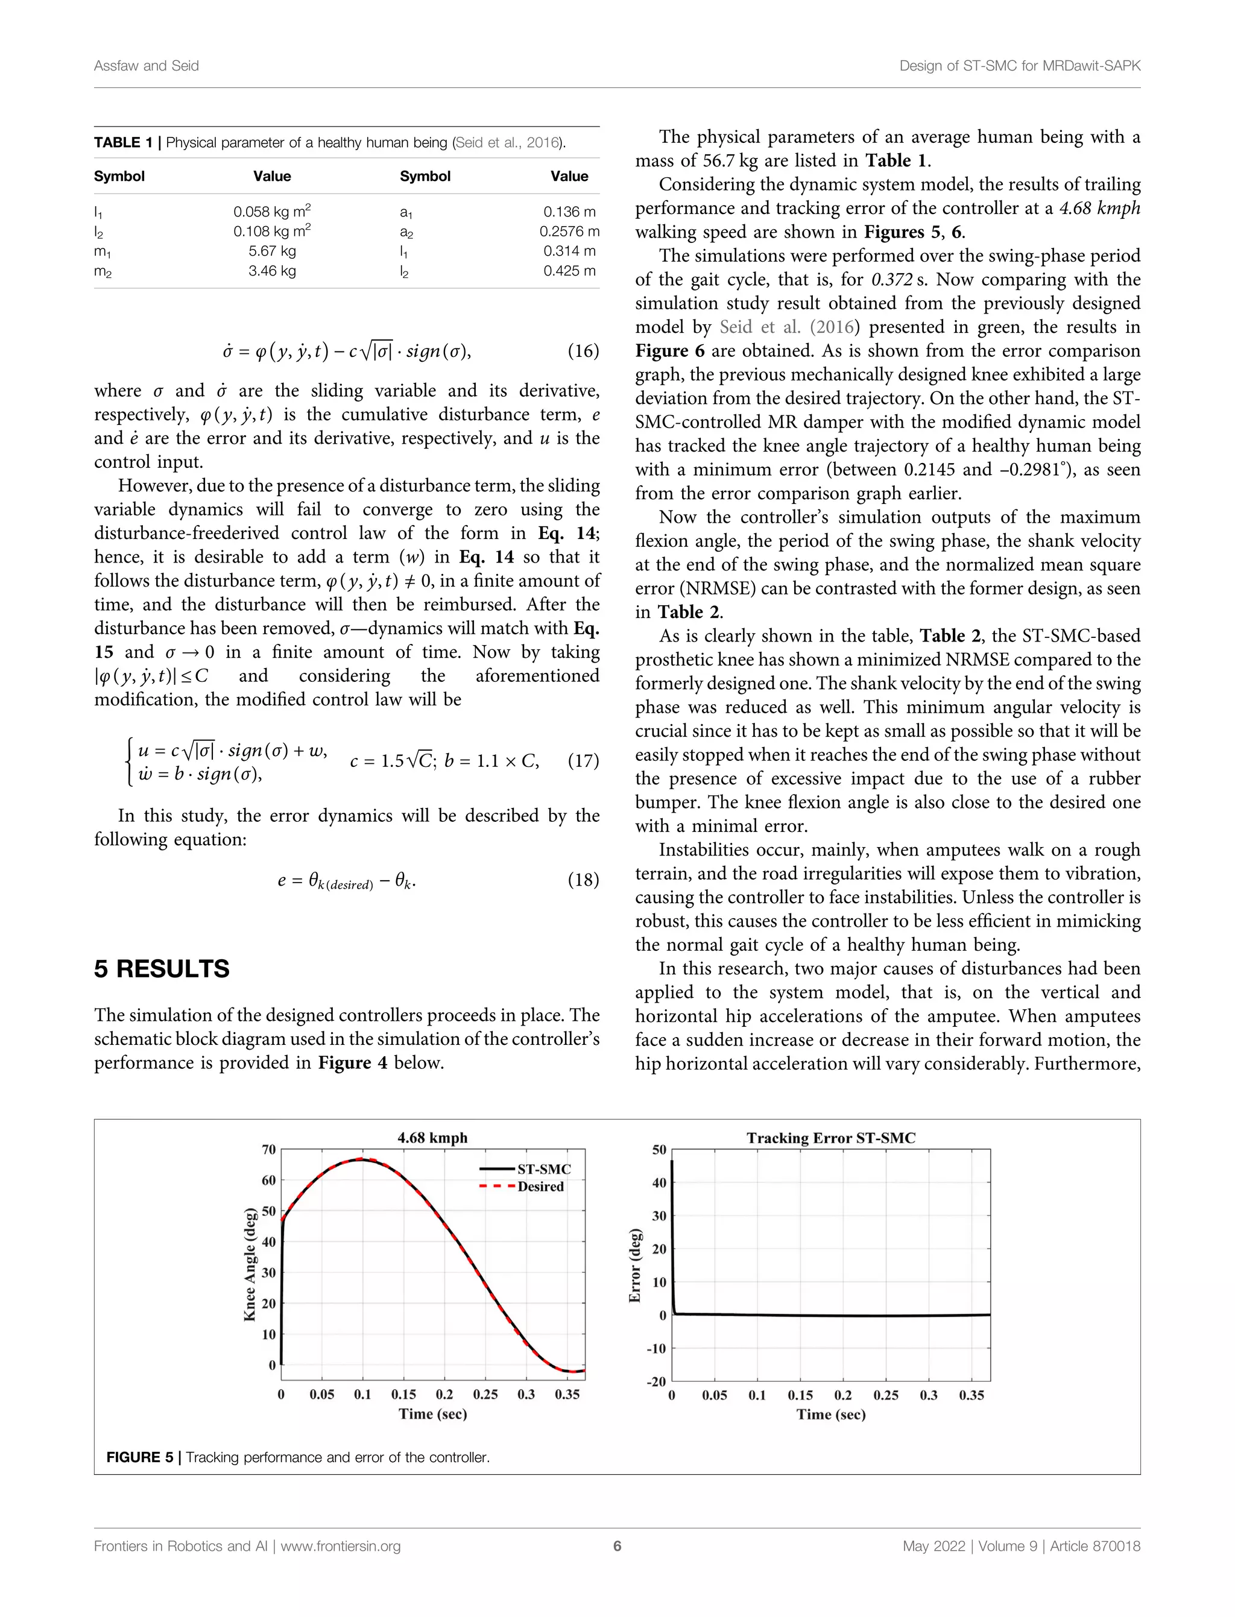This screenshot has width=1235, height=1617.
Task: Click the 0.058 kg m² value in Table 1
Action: coord(271,212)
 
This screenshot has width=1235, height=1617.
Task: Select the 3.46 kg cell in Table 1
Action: coord(271,271)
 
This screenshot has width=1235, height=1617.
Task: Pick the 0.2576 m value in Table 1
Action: coord(569,232)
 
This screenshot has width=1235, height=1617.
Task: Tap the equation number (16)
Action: coord(583,351)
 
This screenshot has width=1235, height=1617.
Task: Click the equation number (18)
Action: coord(583,880)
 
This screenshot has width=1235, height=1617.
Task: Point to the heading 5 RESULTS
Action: coord(162,969)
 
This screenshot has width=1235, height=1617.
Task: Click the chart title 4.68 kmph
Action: coord(432,1138)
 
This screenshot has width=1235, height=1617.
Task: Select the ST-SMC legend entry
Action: coord(543,1168)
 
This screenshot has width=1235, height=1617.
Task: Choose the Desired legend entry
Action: coord(540,1187)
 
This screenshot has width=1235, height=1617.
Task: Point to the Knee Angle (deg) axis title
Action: coord(250,1264)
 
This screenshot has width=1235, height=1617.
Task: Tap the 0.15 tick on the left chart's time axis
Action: coord(403,1395)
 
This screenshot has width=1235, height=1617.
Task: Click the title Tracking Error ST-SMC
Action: coord(831,1138)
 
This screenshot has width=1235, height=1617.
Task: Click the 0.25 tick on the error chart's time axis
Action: coord(886,1395)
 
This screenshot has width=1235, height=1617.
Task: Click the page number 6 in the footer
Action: coord(617,1546)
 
